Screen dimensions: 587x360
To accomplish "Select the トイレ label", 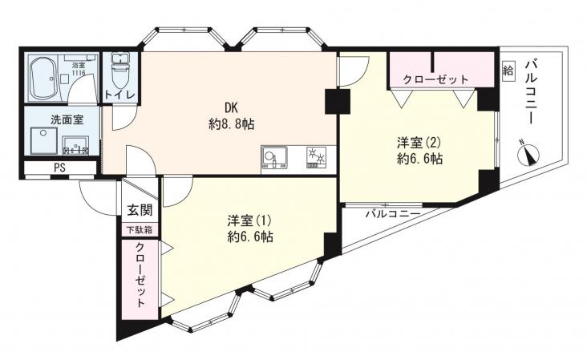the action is pyautogui.click(x=119, y=95).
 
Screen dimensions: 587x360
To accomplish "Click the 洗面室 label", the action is pyautogui.click(x=67, y=119).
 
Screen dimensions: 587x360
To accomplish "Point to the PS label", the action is pyautogui.click(x=60, y=168).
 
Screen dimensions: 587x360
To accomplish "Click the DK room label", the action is pyautogui.click(x=232, y=108).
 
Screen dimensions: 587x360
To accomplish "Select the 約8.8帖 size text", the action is pyautogui.click(x=232, y=123).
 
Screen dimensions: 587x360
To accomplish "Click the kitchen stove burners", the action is pyautogui.click(x=316, y=157).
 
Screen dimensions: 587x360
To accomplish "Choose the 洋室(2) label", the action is pyautogui.click(x=419, y=143).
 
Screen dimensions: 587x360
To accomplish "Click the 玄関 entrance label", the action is pyautogui.click(x=140, y=210).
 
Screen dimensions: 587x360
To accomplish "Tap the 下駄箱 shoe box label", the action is pyautogui.click(x=139, y=230).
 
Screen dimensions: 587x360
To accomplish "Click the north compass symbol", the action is pyautogui.click(x=528, y=154).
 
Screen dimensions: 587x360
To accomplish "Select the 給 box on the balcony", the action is pyautogui.click(x=508, y=70).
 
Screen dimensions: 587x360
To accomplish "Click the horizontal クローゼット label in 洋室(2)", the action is pyautogui.click(x=435, y=79).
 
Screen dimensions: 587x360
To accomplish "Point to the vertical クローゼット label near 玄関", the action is pyautogui.click(x=140, y=275).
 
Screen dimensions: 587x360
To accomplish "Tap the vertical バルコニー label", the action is pyautogui.click(x=531, y=91).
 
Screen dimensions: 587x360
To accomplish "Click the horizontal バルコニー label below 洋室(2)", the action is pyautogui.click(x=392, y=214).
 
